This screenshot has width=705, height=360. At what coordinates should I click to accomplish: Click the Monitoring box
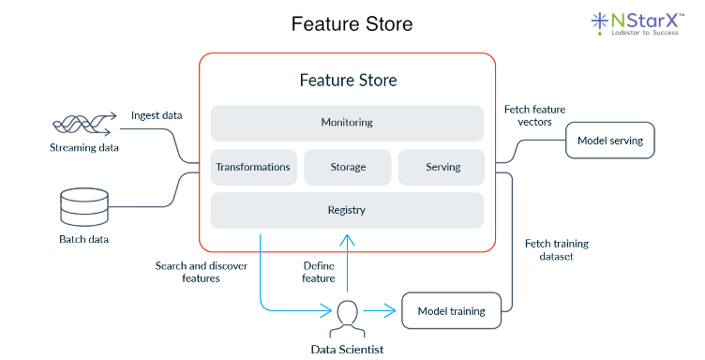(x=347, y=122)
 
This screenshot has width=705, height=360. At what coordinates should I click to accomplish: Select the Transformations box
(x=253, y=167)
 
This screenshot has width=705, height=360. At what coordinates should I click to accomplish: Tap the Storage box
(x=347, y=167)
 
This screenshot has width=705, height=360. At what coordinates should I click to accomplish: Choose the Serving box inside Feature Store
(x=442, y=167)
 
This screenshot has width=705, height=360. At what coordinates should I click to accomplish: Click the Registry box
(x=347, y=210)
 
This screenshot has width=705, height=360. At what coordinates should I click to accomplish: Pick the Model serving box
(x=609, y=142)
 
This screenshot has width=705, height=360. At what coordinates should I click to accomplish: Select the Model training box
(x=452, y=310)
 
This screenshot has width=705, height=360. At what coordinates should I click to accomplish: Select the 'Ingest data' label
(x=157, y=115)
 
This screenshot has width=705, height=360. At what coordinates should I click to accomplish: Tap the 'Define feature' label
(x=319, y=272)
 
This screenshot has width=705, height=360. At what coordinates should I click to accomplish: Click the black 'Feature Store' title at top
(x=352, y=22)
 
